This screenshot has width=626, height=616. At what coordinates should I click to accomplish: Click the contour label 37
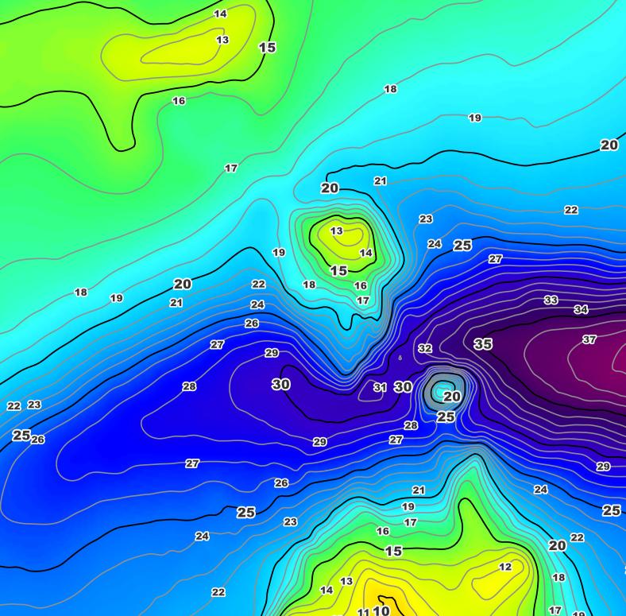coord(589,339)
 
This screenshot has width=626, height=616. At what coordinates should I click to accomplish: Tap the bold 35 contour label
coord(483,344)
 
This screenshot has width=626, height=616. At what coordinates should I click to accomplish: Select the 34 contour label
coord(581,309)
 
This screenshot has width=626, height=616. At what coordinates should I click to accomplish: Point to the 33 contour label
coord(551,300)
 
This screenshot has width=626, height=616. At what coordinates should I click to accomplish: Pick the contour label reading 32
coord(425,348)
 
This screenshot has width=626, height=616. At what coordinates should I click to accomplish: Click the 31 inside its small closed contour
coord(380,388)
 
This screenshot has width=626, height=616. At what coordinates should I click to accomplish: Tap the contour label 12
coord(505,567)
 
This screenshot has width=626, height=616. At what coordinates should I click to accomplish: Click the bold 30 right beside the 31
coord(404,387)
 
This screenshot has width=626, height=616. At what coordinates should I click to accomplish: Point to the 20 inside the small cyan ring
coord(451,397)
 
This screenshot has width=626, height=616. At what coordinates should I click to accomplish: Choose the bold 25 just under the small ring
coord(446,416)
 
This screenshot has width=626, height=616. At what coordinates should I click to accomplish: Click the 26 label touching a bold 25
coord(37,440)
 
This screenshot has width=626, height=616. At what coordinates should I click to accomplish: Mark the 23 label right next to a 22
coord(34,405)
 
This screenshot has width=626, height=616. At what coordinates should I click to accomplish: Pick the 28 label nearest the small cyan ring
coord(411,425)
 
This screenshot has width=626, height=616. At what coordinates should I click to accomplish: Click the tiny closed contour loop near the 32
coord(400,358)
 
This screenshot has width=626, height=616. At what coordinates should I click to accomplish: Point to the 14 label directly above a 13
coord(220,14)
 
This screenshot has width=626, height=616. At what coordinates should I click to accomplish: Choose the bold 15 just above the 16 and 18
coord(338,270)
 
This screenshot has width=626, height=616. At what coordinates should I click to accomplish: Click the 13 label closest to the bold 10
coord(346,581)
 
